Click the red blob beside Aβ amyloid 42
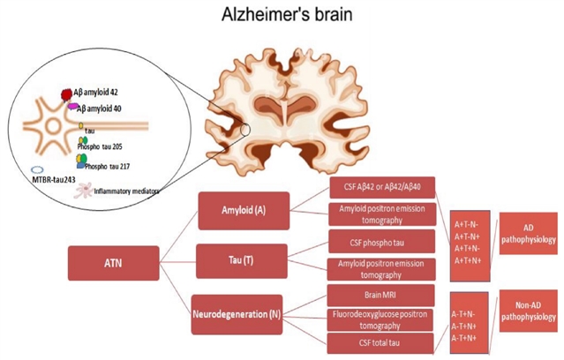point(66,94)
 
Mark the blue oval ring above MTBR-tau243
point(38,169)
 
